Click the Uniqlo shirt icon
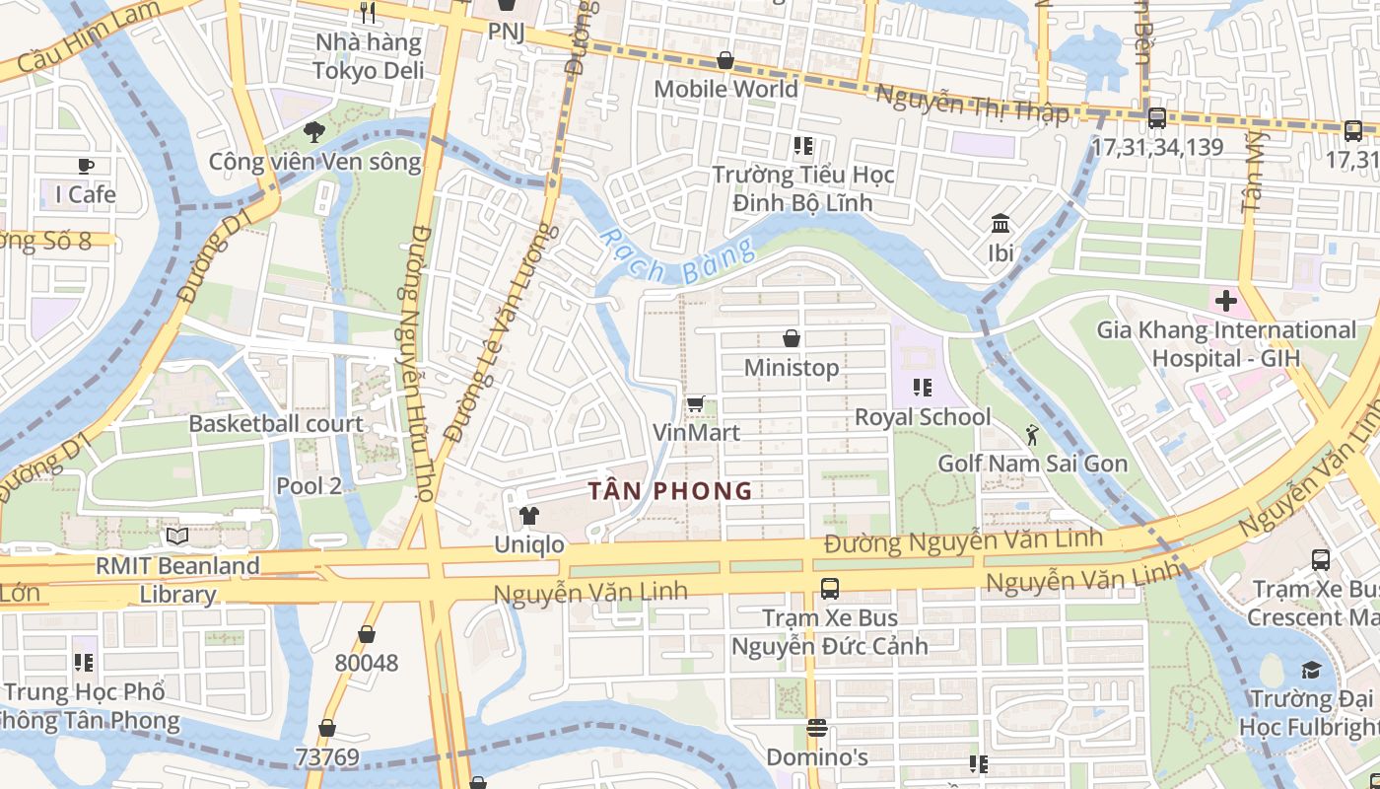[529, 515]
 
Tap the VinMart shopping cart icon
[695, 402]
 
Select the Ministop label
[792, 368]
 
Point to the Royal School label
[923, 417]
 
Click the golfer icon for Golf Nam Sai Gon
[1032, 434]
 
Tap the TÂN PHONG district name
[670, 490]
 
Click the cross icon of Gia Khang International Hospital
[1226, 300]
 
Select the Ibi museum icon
[1000, 223]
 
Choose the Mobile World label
[726, 89]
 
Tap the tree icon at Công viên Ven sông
[314, 131]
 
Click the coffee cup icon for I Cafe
[86, 166]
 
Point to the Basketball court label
[276, 424]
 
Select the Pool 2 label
[309, 485]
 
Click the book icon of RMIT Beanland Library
[177, 537]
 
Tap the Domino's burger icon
[816, 728]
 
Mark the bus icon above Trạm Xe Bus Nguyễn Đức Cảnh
[830, 589]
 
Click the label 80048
[367, 663]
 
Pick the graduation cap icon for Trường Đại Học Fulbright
[1310, 671]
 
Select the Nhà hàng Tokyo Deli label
[369, 56]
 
